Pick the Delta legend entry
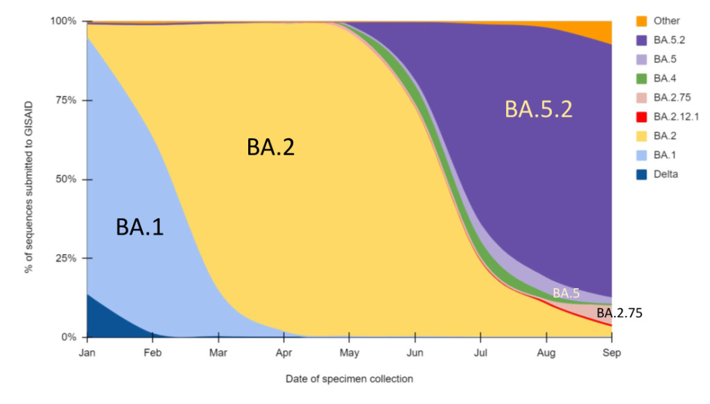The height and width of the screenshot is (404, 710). pos(665,174)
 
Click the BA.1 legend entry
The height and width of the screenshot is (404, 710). pos(663,155)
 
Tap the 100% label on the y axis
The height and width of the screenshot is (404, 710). pos(63,21)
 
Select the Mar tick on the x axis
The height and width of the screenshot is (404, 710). pos(218,353)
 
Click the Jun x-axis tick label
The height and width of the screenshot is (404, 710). pos(415,353)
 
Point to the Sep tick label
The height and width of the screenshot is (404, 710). pos(611,353)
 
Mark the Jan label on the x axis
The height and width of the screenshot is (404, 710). pos(87,353)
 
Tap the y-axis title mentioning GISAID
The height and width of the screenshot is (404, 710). pos(29,179)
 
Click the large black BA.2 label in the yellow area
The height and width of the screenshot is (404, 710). pos(270,147)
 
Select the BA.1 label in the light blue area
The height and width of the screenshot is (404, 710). pos(139,227)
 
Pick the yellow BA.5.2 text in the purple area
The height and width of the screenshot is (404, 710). pos(538,109)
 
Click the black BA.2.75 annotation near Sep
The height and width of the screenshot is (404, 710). pos(619,313)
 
